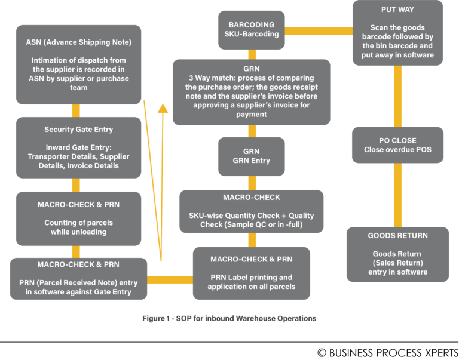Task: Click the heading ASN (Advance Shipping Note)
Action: pyautogui.click(x=78, y=42)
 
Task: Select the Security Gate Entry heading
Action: pyautogui.click(x=78, y=130)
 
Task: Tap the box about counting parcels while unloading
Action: pyautogui.click(x=78, y=219)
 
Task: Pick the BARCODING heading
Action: pyautogui.click(x=251, y=25)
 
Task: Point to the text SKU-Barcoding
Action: pyautogui.click(x=251, y=35)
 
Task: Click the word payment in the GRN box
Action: pyautogui.click(x=251, y=114)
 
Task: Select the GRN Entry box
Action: pyautogui.click(x=251, y=156)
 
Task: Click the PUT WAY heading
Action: pyautogui.click(x=397, y=10)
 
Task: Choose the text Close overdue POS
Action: pyautogui.click(x=397, y=150)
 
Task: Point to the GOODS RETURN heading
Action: pyautogui.click(x=397, y=236)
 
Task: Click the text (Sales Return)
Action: pyautogui.click(x=397, y=263)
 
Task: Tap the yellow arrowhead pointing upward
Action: pyautogui.click(x=163, y=107)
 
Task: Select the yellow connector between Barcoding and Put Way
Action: pyautogui.click(x=318, y=30)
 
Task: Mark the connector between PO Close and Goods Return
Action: pyautogui.click(x=397, y=194)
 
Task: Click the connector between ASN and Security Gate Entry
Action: pyautogui.click(x=76, y=110)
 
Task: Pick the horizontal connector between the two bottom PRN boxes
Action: pyautogui.click(x=170, y=279)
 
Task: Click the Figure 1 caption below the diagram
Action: pyautogui.click(x=229, y=318)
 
